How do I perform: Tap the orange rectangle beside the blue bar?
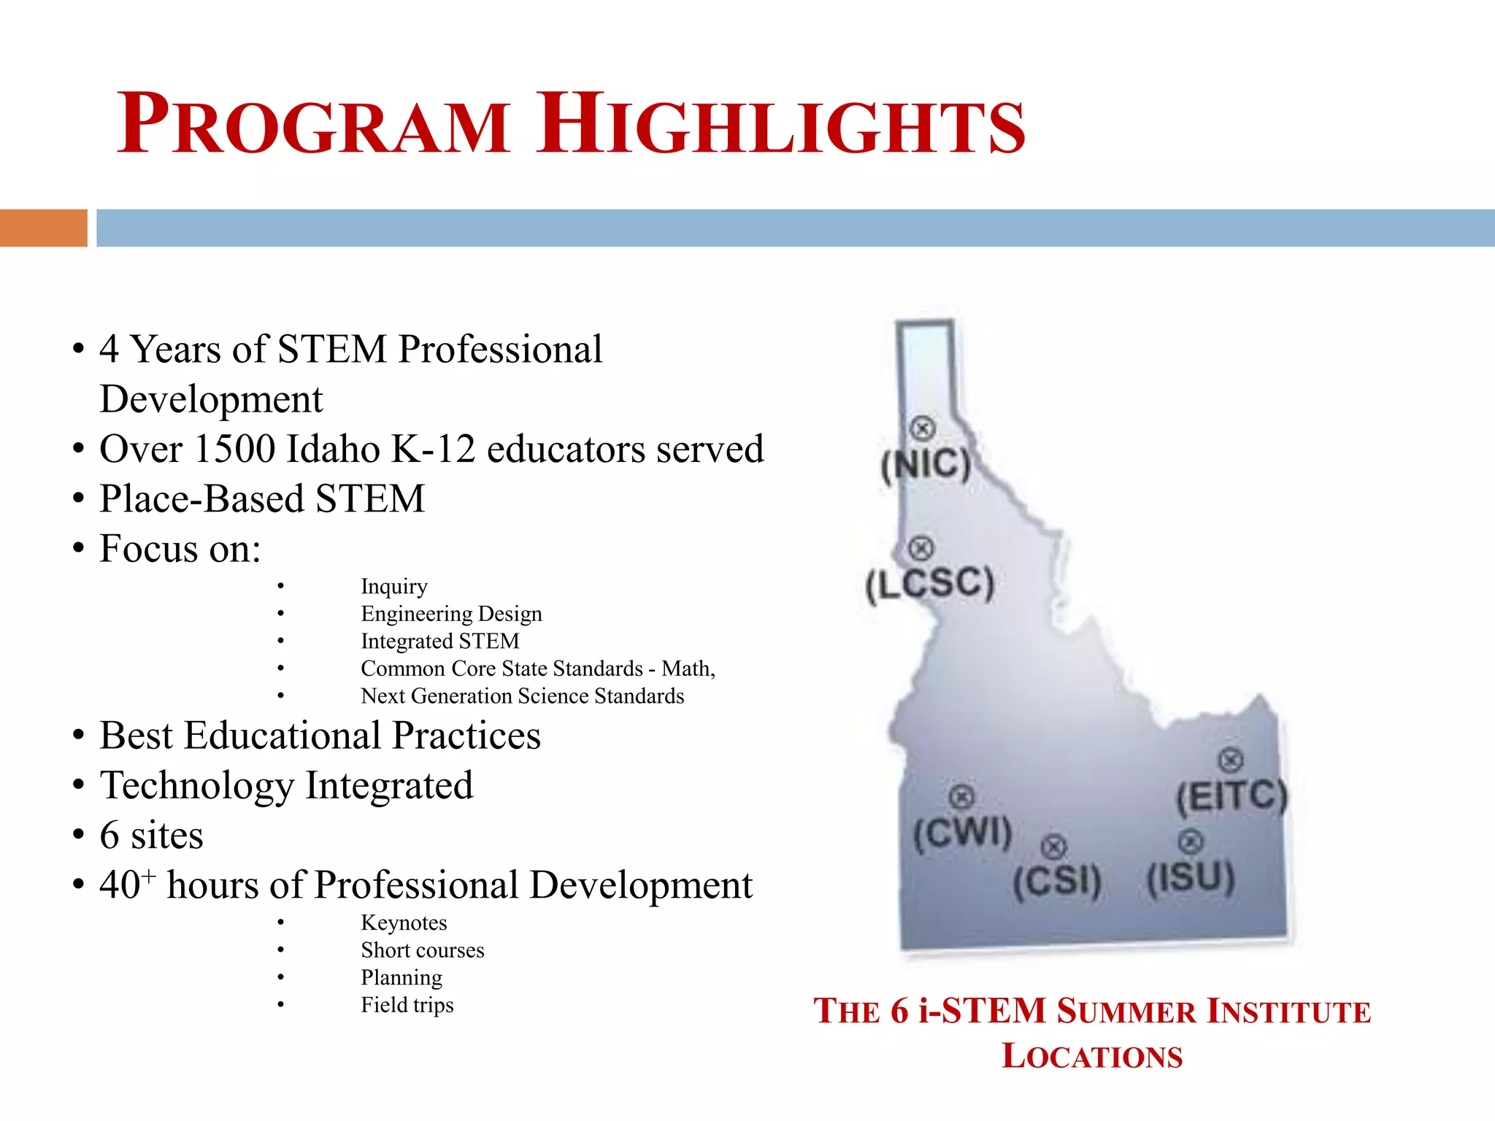point(43,228)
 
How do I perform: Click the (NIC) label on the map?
point(926,464)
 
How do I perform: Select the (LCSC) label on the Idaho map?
point(929,584)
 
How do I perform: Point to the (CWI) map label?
point(963,832)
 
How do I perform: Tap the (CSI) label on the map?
point(1056,881)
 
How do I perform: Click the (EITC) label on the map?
point(1231,796)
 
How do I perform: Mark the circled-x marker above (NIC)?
point(923,428)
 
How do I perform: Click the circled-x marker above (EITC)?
point(1231,760)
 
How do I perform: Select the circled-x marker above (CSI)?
point(1053,847)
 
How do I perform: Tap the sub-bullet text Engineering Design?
point(451,614)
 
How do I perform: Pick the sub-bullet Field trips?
point(407,1005)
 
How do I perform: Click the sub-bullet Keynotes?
point(404,922)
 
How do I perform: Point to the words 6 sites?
point(151,835)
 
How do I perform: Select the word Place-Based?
point(201,499)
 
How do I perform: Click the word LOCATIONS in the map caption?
point(1091,1056)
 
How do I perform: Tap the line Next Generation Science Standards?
point(522,696)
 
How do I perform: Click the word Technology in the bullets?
point(196,785)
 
